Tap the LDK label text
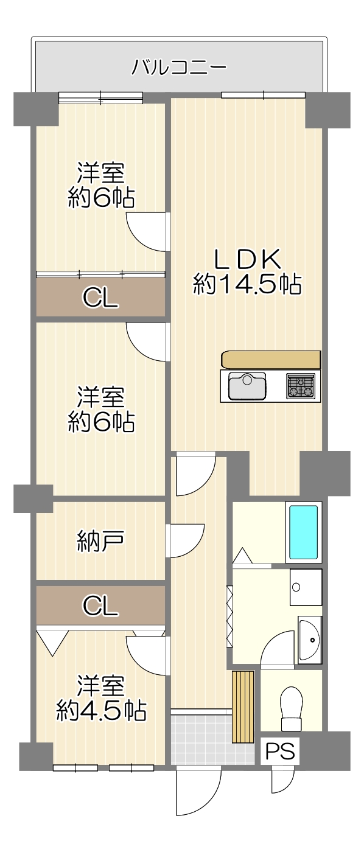point(248,259)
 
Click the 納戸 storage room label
point(100,542)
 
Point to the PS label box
point(280,750)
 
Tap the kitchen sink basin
point(247,386)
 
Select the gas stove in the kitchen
point(301,386)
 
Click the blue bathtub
point(303,532)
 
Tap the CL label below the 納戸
point(101,605)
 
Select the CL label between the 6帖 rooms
point(101,298)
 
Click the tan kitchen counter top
point(270,359)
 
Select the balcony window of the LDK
point(263,95)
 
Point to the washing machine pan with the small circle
point(306,587)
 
